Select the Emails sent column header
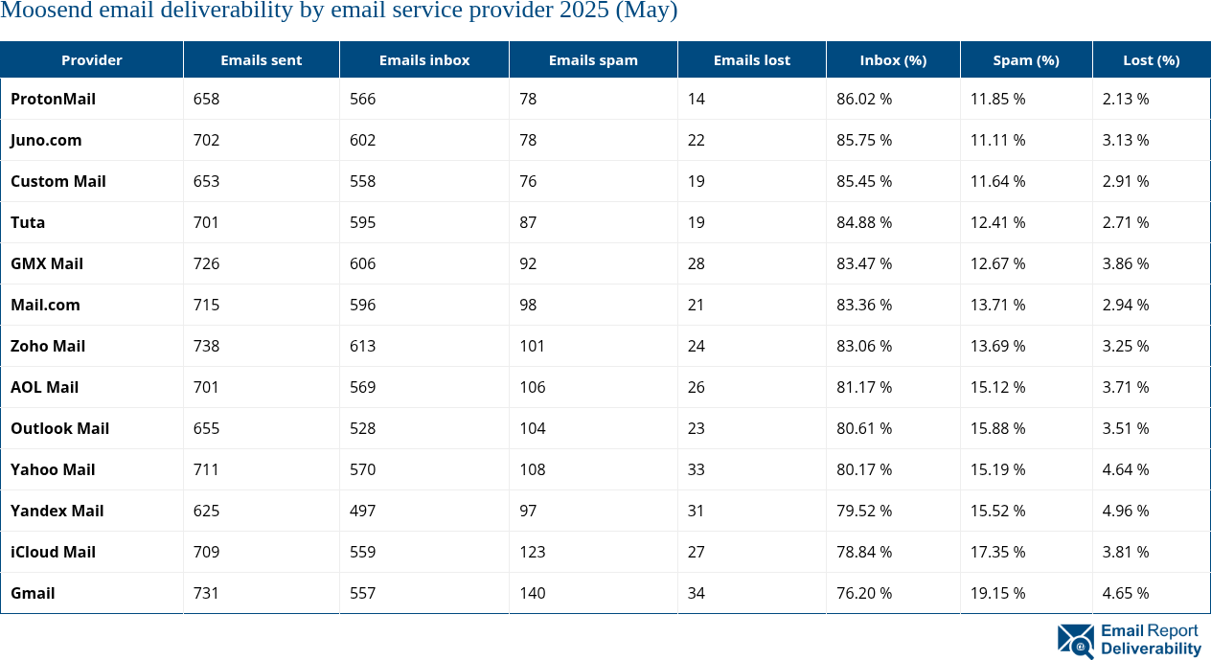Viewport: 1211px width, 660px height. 261,59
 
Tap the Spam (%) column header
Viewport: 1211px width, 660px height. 1025,59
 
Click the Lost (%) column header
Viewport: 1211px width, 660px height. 1151,59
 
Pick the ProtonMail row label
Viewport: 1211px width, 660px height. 53,99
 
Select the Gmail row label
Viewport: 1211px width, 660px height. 33,593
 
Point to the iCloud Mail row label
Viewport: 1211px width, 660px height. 54,552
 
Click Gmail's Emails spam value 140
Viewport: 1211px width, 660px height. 532,593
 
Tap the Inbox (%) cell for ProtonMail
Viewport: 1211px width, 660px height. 863,99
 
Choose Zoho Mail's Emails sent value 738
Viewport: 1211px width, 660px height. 206,346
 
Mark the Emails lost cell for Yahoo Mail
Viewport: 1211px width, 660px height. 696,469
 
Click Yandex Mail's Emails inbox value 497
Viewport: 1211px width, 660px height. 362,511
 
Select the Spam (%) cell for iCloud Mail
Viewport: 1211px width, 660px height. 997,552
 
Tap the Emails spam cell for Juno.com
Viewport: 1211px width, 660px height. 528,140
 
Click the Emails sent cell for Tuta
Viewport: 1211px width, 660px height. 206,222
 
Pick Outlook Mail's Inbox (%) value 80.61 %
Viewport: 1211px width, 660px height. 863,428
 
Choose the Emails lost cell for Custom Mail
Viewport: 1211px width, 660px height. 696,181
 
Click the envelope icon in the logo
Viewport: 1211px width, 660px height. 1075,641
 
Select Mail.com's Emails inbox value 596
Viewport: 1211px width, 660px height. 362,305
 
